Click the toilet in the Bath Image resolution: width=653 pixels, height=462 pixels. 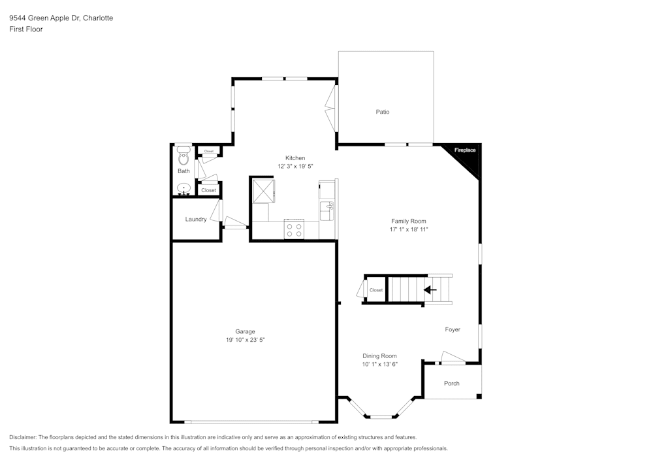pyautogui.click(x=183, y=157)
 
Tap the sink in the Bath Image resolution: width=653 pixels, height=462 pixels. pyautogui.click(x=183, y=190)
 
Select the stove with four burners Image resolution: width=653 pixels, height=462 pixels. pyautogui.click(x=294, y=229)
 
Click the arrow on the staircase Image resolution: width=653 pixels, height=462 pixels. pyautogui.click(x=430, y=289)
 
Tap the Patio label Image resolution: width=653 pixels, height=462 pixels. pyautogui.click(x=383, y=112)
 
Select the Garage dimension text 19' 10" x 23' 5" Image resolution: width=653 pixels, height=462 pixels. pyautogui.click(x=246, y=340)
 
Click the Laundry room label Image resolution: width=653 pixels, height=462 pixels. pyautogui.click(x=196, y=219)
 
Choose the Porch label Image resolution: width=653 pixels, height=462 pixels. pyautogui.click(x=452, y=383)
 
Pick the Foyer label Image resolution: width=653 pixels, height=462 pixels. pyautogui.click(x=453, y=329)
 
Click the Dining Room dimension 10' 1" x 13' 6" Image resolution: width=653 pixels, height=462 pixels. pyautogui.click(x=380, y=364)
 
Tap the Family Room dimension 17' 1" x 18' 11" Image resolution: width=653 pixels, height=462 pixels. pyautogui.click(x=409, y=229)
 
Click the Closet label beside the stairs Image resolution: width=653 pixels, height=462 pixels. pyautogui.click(x=376, y=290)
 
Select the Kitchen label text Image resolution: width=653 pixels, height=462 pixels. pyautogui.click(x=295, y=158)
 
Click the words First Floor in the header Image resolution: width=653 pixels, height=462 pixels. pyautogui.click(x=26, y=29)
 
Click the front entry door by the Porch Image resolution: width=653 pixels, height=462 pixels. pyautogui.click(x=453, y=359)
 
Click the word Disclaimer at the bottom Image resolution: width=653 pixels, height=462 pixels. pyautogui.click(x=23, y=437)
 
